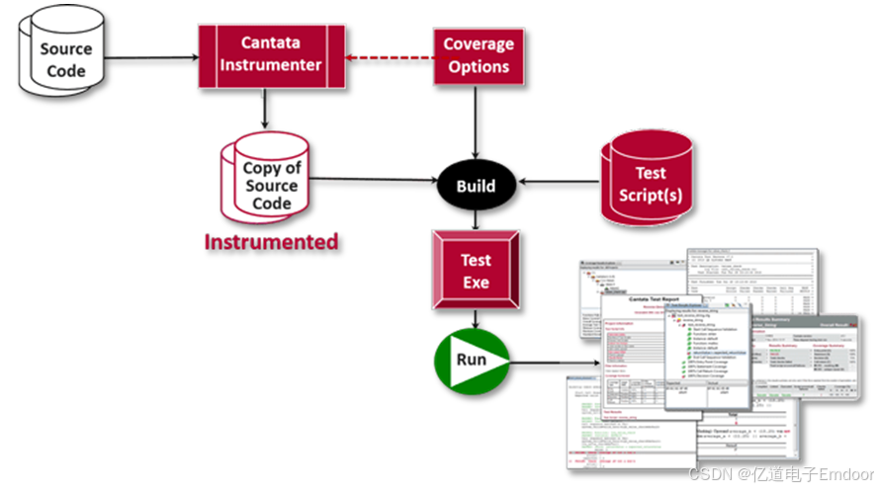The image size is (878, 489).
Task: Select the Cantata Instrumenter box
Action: [272, 54]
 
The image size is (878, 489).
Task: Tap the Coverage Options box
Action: [478, 55]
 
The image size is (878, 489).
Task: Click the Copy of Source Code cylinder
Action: [272, 184]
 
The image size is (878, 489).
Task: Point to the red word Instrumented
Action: [271, 242]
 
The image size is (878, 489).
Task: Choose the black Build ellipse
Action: [476, 185]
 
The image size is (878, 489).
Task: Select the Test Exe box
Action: [476, 272]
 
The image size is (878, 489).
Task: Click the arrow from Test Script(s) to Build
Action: [558, 183]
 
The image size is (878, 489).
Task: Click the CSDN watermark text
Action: [710, 472]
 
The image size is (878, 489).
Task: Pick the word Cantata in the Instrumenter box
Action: [272, 42]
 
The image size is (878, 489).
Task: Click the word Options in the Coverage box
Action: [479, 67]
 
